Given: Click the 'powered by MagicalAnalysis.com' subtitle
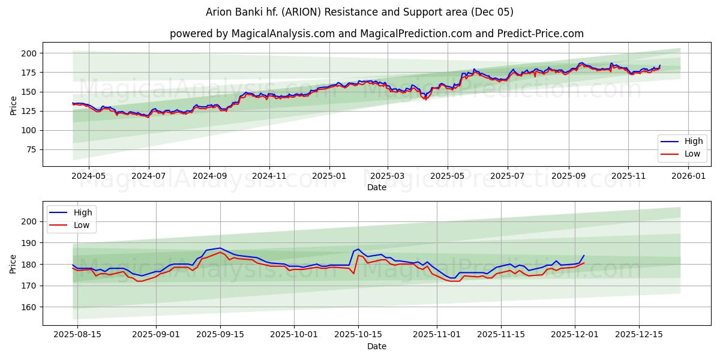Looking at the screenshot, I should pyautogui.click(x=251, y=34).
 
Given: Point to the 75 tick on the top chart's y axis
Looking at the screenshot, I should pyautogui.click(x=32, y=149).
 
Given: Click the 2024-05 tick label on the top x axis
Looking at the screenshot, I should pyautogui.click(x=88, y=176).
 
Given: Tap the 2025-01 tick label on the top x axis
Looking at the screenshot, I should pyautogui.click(x=329, y=176).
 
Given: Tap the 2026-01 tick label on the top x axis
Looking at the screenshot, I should pyautogui.click(x=688, y=176).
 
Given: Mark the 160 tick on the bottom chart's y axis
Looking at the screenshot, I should pyautogui.click(x=30, y=307).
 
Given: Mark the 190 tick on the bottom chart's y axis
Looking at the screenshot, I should pyautogui.click(x=30, y=243).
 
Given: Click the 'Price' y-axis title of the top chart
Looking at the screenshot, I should pyautogui.click(x=13, y=105).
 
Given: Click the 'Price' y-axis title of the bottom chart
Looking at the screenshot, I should pyautogui.click(x=13, y=264).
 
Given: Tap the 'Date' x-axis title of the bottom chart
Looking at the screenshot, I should pyautogui.click(x=376, y=346).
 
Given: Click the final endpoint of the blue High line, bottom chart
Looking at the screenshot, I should pyautogui.click(x=584, y=256).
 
